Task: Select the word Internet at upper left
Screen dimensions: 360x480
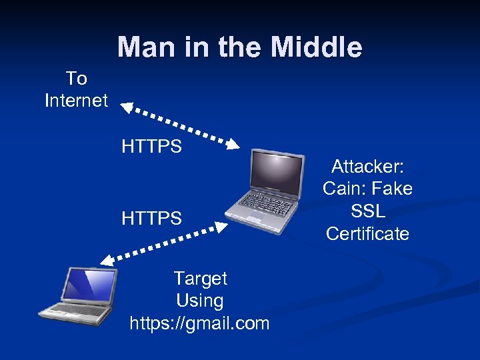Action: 76,101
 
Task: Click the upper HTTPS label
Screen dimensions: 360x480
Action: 151,146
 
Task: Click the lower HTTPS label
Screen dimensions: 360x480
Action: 151,218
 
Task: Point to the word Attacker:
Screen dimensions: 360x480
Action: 367,165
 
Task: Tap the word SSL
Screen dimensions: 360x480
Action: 367,211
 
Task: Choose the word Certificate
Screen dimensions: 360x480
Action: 367,234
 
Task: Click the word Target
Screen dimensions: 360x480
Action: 200,278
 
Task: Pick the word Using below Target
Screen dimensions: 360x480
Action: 200,301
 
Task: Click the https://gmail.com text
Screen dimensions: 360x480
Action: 200,324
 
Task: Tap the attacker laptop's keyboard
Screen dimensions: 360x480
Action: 263,203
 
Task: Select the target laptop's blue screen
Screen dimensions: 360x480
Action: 87,285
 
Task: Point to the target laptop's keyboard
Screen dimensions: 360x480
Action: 72,310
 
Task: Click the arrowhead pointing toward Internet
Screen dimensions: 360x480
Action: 127,107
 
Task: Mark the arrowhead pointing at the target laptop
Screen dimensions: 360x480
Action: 108,260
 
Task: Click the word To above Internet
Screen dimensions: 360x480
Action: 76,78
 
